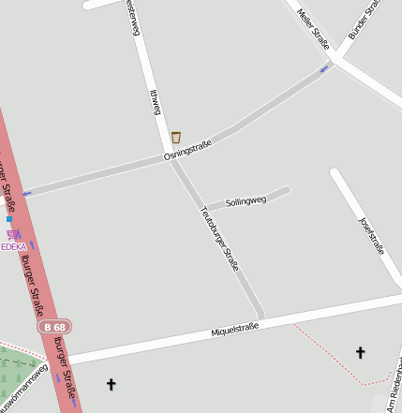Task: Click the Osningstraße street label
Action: [188, 149]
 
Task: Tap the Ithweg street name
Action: [156, 102]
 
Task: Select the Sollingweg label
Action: [246, 200]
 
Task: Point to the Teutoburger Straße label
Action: [220, 239]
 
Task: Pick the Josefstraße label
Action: [372, 235]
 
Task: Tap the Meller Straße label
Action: [313, 27]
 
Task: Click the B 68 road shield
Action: [55, 327]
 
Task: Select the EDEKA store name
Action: [13, 247]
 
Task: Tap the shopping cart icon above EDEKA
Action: [12, 235]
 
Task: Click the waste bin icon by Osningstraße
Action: [175, 137]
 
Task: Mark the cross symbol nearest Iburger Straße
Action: [112, 384]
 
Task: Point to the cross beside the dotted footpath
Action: [360, 352]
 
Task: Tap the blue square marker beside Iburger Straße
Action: [9, 219]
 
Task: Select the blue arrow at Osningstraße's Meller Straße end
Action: [324, 67]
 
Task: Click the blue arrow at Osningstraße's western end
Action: [27, 193]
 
